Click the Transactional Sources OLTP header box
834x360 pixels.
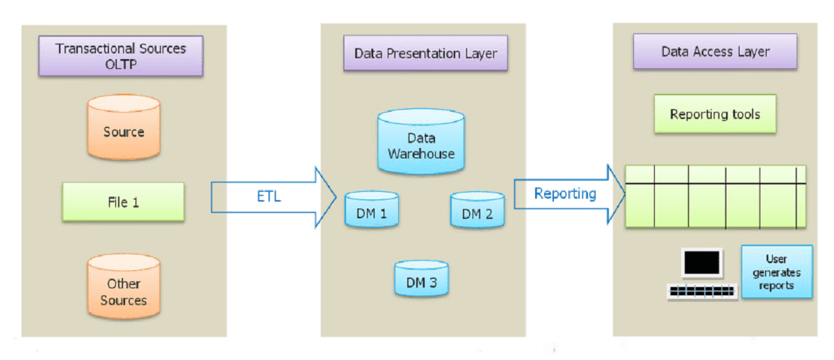coord(121,57)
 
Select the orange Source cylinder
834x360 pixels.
coord(124,131)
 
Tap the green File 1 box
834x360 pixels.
coord(123,202)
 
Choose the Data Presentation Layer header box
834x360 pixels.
coord(425,54)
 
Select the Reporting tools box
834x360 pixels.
coord(715,115)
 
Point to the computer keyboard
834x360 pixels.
coord(702,292)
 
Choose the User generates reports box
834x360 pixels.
coord(776,272)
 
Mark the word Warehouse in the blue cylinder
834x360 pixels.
coord(421,154)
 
